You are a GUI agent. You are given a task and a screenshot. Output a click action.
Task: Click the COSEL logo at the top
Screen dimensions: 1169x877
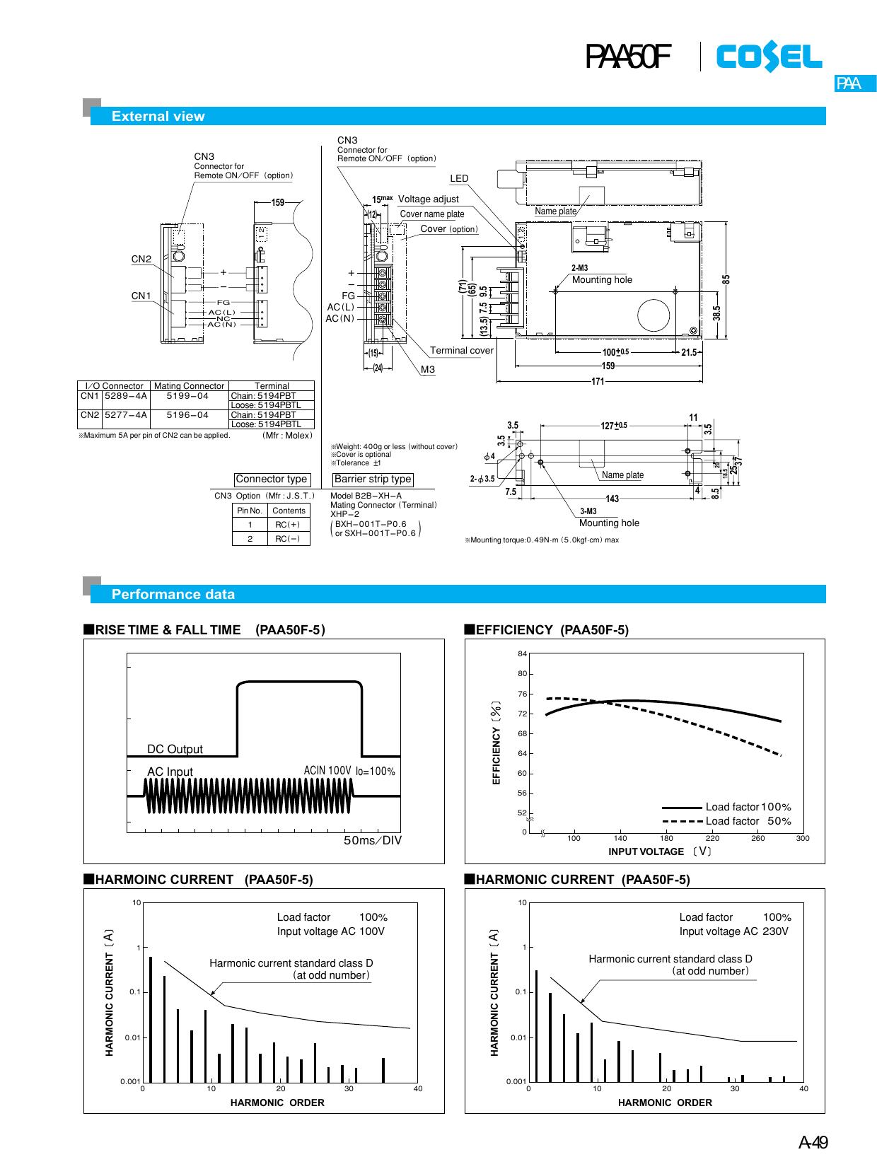coord(769,57)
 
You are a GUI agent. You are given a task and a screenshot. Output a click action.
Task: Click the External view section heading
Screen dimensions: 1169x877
coord(158,117)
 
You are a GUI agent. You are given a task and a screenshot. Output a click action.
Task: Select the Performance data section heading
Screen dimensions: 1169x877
coord(173,595)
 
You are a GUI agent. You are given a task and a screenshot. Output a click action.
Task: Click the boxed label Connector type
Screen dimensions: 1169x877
coord(272,479)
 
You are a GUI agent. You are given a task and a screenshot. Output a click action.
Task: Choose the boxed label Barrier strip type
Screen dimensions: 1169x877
coord(373,479)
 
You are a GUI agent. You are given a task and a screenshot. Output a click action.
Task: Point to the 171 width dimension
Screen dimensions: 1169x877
coord(598,382)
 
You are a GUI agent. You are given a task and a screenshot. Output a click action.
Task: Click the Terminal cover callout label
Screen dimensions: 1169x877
coord(462,350)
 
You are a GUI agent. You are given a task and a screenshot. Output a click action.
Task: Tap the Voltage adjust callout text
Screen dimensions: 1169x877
coord(428,199)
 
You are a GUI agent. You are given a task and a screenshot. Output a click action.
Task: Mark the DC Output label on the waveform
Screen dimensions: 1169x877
coord(175,749)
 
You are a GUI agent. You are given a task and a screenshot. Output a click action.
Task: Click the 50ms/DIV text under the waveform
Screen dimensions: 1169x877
coord(372,841)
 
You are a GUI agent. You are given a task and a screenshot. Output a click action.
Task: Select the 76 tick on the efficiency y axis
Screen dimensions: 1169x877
coord(522,694)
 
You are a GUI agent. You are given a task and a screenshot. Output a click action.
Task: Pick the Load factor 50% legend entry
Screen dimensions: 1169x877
coord(748,821)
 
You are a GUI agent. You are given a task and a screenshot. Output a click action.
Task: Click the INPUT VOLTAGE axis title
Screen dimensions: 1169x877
coord(646,851)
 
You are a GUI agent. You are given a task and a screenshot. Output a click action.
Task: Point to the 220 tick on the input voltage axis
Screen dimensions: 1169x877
coord(712,838)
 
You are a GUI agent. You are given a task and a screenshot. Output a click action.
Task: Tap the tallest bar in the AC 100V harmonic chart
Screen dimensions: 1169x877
coord(151,1018)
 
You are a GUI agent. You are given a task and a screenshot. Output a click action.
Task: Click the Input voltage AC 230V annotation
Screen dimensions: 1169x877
coord(733,931)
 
